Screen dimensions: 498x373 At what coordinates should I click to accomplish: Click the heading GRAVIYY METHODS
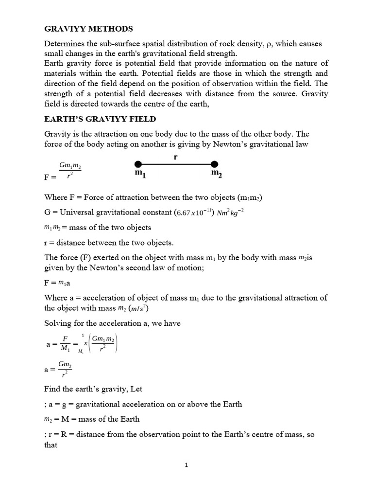coord(88,29)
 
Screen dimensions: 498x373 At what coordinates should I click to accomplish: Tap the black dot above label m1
coord(138,164)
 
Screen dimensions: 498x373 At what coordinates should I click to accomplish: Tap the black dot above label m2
coord(214,164)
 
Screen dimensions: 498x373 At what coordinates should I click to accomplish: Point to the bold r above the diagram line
coord(175,157)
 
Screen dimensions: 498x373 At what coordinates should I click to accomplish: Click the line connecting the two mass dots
coord(176,164)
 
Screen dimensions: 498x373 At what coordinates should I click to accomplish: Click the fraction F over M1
coord(65,344)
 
